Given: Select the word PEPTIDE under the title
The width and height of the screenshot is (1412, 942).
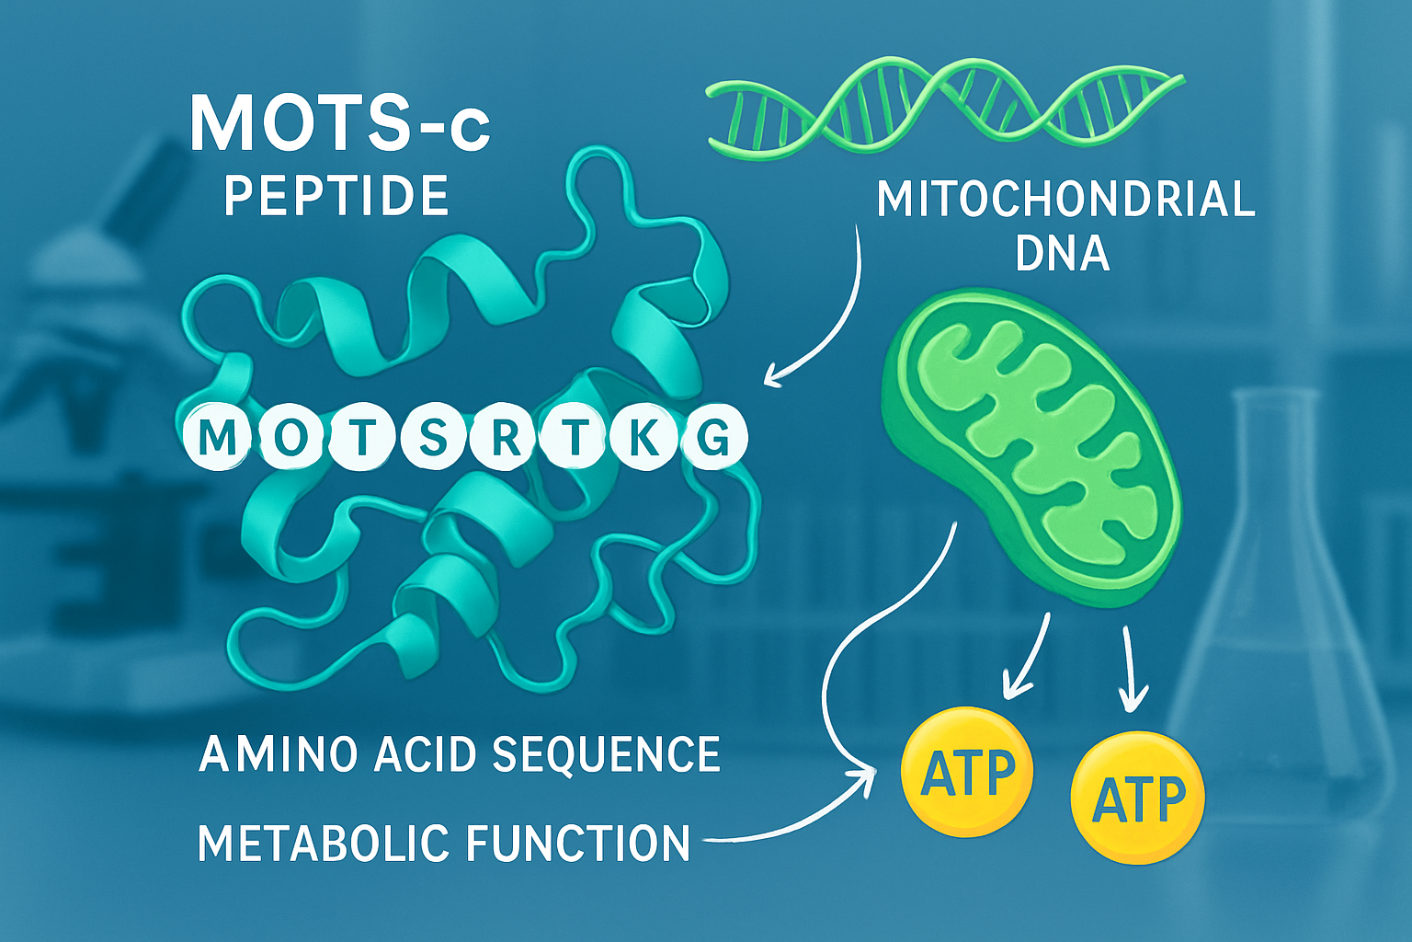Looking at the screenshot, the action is pyautogui.click(x=336, y=196).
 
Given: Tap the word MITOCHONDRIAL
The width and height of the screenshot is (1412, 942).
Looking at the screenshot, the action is pyautogui.click(x=1065, y=200).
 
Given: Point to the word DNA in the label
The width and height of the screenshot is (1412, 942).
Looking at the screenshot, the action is pyautogui.click(x=1062, y=253).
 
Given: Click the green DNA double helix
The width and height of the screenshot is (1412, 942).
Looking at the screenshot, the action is pyautogui.click(x=945, y=103).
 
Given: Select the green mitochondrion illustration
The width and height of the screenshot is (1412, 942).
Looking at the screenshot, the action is pyautogui.click(x=1030, y=446).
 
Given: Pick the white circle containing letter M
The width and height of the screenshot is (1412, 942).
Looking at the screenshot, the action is pyautogui.click(x=218, y=437).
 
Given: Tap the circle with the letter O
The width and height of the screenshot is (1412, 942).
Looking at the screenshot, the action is pyautogui.click(x=290, y=437).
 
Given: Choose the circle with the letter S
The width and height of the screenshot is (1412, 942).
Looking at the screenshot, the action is pyautogui.click(x=433, y=438).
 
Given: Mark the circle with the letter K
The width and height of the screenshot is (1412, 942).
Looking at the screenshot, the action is pyautogui.click(x=644, y=438).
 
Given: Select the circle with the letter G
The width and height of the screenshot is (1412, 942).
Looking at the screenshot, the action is pyautogui.click(x=714, y=438).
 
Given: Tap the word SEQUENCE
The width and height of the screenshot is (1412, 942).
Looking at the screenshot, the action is pyautogui.click(x=606, y=754).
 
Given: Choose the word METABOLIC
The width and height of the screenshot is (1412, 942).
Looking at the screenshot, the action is pyautogui.click(x=324, y=844).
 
